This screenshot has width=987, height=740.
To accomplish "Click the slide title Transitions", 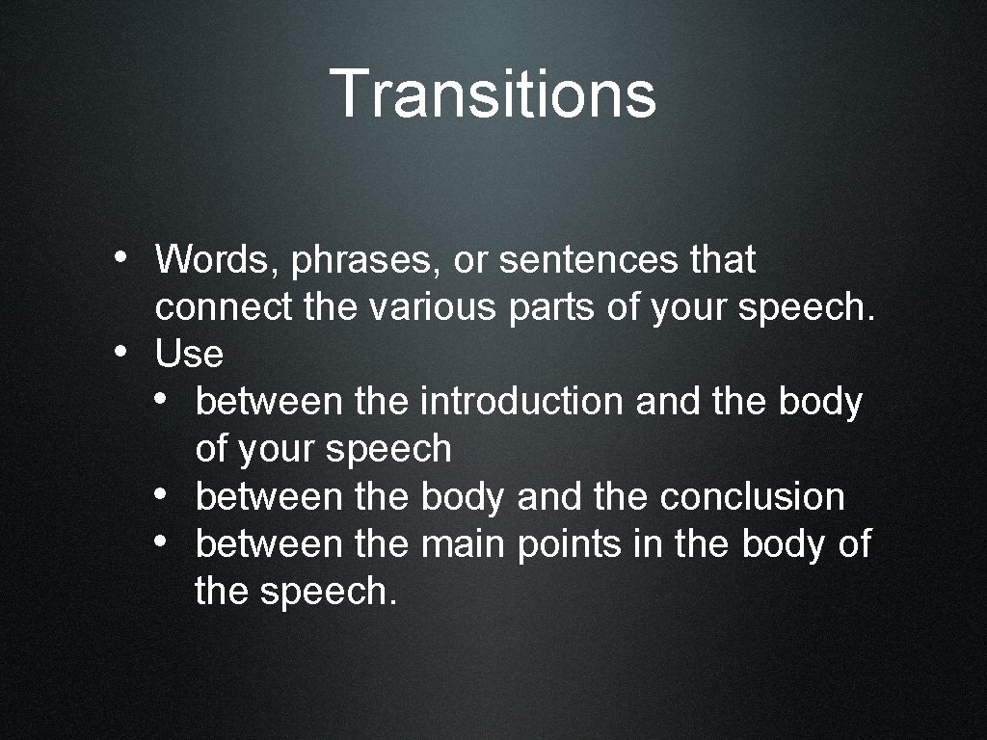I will pos(493,93).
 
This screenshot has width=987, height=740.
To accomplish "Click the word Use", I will pos(189,355).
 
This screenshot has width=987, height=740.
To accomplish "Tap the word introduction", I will pos(521,402).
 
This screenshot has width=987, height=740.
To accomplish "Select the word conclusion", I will pos(752,496).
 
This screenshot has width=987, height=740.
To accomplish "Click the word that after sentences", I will pos(723,259).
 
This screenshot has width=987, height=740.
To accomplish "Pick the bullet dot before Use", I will pos(116,352).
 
